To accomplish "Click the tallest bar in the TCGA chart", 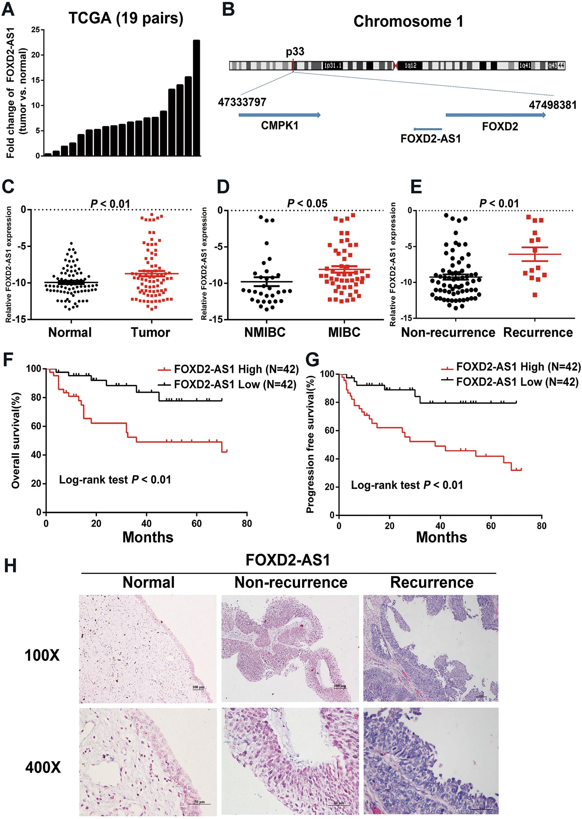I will [196, 98].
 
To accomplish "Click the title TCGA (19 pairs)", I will [126, 18].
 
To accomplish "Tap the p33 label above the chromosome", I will [295, 52].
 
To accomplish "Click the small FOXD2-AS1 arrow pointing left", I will [427, 129].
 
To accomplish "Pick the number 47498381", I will [553, 105].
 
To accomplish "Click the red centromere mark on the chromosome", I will [395, 66].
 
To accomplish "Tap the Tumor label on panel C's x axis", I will [150, 333].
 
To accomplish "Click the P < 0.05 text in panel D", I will [307, 203].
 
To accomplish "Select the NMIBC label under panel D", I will [265, 333].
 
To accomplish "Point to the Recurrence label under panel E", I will [538, 333].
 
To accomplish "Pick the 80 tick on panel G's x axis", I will [541, 526].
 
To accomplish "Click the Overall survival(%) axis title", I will [15, 440].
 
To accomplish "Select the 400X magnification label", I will [43, 767].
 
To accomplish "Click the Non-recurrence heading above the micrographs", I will [291, 582].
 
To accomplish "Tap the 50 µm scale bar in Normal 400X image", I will [199, 803].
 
